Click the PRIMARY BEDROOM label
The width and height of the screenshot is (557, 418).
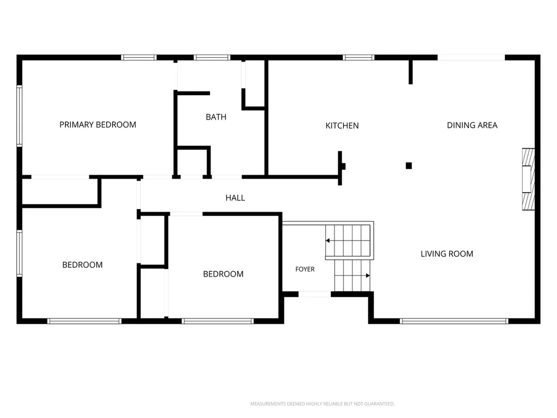click(x=98, y=125)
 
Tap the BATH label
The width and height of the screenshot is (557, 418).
click(x=216, y=117)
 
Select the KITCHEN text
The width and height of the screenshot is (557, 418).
click(x=342, y=126)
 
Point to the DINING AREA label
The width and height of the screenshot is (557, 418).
click(x=472, y=125)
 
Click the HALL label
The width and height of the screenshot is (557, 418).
click(x=235, y=198)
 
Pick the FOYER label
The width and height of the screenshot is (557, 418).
click(x=305, y=269)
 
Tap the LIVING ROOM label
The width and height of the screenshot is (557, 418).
click(x=447, y=254)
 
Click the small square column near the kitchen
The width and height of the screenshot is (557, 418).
click(x=409, y=165)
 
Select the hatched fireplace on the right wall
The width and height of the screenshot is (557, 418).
click(x=528, y=179)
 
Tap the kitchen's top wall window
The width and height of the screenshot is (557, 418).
click(x=358, y=57)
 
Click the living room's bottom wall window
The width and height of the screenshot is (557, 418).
click(x=454, y=321)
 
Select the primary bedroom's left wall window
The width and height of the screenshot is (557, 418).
click(x=20, y=116)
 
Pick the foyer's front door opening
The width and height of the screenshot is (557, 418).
click(x=314, y=294)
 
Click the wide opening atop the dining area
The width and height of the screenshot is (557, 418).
click(x=471, y=58)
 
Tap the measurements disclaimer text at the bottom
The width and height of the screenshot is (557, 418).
click(x=322, y=404)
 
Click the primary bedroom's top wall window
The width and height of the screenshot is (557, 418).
click(x=139, y=57)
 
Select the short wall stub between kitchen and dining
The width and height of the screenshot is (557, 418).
click(x=411, y=72)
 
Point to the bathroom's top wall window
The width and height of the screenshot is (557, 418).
click(x=212, y=57)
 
